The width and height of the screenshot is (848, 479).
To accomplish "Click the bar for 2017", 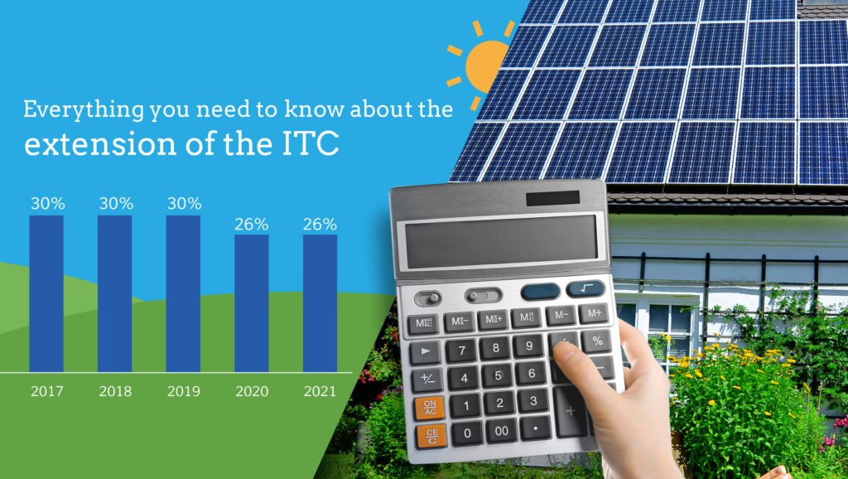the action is [x=46, y=293].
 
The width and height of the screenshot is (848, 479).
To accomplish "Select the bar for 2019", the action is [x=183, y=293].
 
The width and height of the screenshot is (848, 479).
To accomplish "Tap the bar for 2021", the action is [x=320, y=303].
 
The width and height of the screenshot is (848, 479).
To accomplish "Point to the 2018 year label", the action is [x=115, y=391].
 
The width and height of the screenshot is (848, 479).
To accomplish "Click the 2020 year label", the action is [x=252, y=391].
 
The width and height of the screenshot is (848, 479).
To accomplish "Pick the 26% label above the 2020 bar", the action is [x=252, y=224].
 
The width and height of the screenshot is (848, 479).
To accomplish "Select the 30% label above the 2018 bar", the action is [x=116, y=204].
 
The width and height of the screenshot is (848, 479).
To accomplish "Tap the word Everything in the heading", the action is [x=84, y=110].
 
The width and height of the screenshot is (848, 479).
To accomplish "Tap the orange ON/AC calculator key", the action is [x=430, y=408].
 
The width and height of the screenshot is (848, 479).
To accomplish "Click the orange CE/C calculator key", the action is [x=431, y=437].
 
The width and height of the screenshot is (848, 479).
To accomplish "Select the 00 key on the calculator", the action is [x=501, y=430].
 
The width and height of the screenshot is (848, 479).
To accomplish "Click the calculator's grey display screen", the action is [x=501, y=241].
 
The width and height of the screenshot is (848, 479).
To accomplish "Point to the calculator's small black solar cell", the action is [x=552, y=198].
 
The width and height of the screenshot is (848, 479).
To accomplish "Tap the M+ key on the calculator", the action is [x=594, y=312].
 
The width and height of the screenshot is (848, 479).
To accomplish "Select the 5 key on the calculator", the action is [x=498, y=375].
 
